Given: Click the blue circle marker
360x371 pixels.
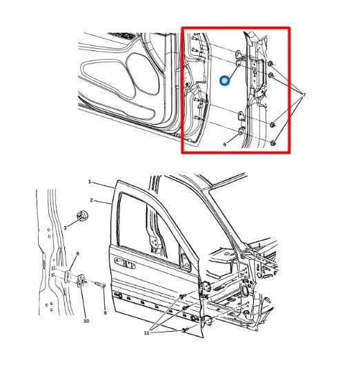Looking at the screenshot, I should [x=224, y=81].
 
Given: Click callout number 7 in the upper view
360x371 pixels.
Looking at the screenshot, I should [x=303, y=94].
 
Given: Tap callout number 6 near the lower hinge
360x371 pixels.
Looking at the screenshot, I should [x=224, y=145].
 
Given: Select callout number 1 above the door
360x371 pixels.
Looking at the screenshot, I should [x=90, y=181].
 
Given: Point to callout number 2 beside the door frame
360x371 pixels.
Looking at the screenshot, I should [x=91, y=200].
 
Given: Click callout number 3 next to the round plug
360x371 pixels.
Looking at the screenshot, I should [x=65, y=227].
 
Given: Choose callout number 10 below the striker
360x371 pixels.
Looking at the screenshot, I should [x=86, y=321].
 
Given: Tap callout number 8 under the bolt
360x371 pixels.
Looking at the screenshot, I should [x=105, y=312].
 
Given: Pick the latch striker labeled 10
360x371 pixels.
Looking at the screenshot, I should [x=81, y=281].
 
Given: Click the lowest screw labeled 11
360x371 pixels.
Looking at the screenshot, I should [x=185, y=331].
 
